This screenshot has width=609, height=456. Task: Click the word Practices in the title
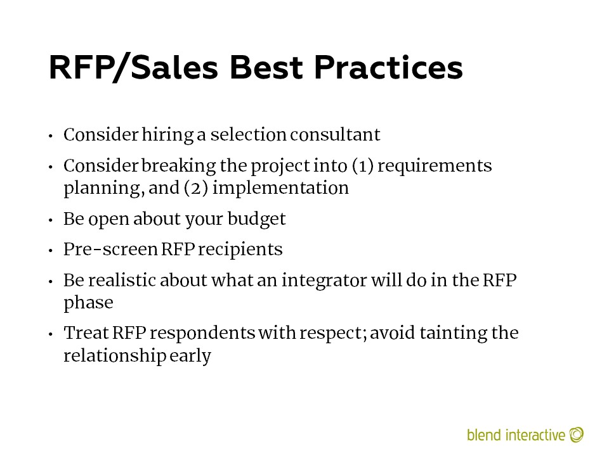click(x=388, y=68)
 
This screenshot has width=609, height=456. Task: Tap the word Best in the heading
click(x=266, y=68)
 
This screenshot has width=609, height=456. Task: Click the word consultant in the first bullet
click(x=335, y=134)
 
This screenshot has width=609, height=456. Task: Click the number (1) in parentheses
click(x=363, y=166)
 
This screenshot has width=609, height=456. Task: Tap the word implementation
click(x=280, y=188)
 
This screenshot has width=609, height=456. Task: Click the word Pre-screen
click(x=110, y=250)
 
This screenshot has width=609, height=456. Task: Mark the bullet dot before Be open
click(x=51, y=220)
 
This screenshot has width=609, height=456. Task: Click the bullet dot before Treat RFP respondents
click(x=51, y=334)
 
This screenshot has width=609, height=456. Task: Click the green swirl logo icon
click(x=577, y=434)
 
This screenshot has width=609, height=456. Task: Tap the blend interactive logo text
click(x=516, y=434)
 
